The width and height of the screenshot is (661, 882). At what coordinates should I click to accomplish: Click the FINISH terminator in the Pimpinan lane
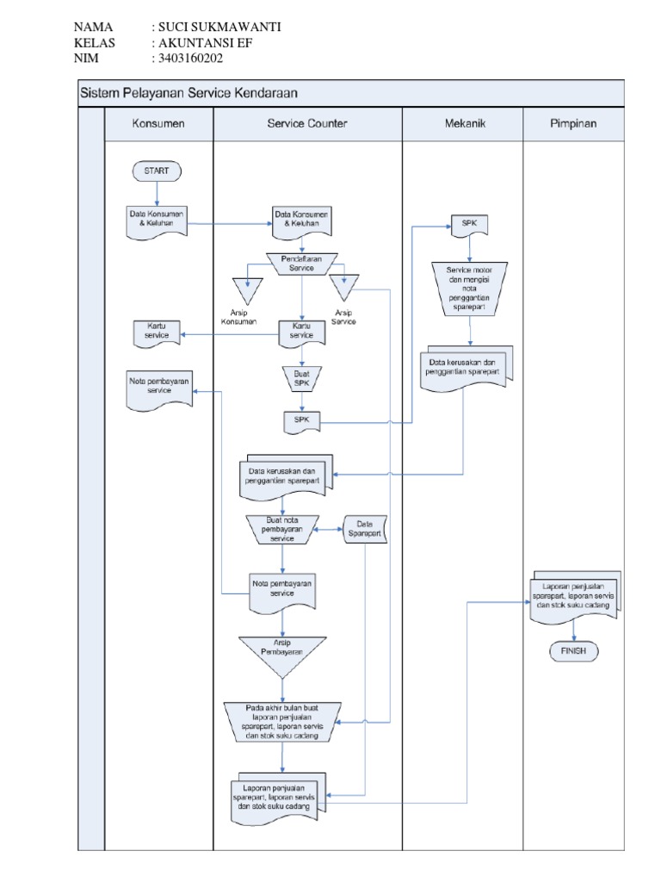pyautogui.click(x=573, y=651)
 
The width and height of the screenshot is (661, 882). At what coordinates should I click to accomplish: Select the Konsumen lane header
pyautogui.click(x=158, y=124)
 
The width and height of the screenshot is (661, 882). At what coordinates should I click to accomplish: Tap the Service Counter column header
pyautogui.click(x=307, y=124)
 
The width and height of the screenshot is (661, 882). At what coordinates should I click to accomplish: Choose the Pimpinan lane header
pyautogui.click(x=573, y=124)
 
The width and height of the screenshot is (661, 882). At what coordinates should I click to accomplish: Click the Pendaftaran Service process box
pyautogui.click(x=301, y=263)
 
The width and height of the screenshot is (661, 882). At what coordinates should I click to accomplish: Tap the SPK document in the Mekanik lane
pyautogui.click(x=469, y=224)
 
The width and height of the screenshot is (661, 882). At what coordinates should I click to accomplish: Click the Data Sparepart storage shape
pyautogui.click(x=365, y=529)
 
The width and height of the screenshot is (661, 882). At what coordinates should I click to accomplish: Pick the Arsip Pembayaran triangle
pyautogui.click(x=281, y=651)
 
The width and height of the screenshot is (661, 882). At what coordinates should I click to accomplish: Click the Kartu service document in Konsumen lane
pyautogui.click(x=157, y=332)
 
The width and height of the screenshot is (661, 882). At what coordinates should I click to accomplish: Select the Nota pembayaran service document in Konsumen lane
pyautogui.click(x=158, y=388)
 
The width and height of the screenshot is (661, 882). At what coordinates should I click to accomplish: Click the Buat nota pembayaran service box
pyautogui.click(x=281, y=529)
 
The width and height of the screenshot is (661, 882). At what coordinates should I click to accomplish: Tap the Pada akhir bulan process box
pyautogui.click(x=281, y=721)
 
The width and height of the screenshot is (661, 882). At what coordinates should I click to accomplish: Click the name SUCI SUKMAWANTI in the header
pyautogui.click(x=216, y=27)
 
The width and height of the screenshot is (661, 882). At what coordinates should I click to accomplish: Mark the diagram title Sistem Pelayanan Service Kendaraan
pyautogui.click(x=189, y=92)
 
